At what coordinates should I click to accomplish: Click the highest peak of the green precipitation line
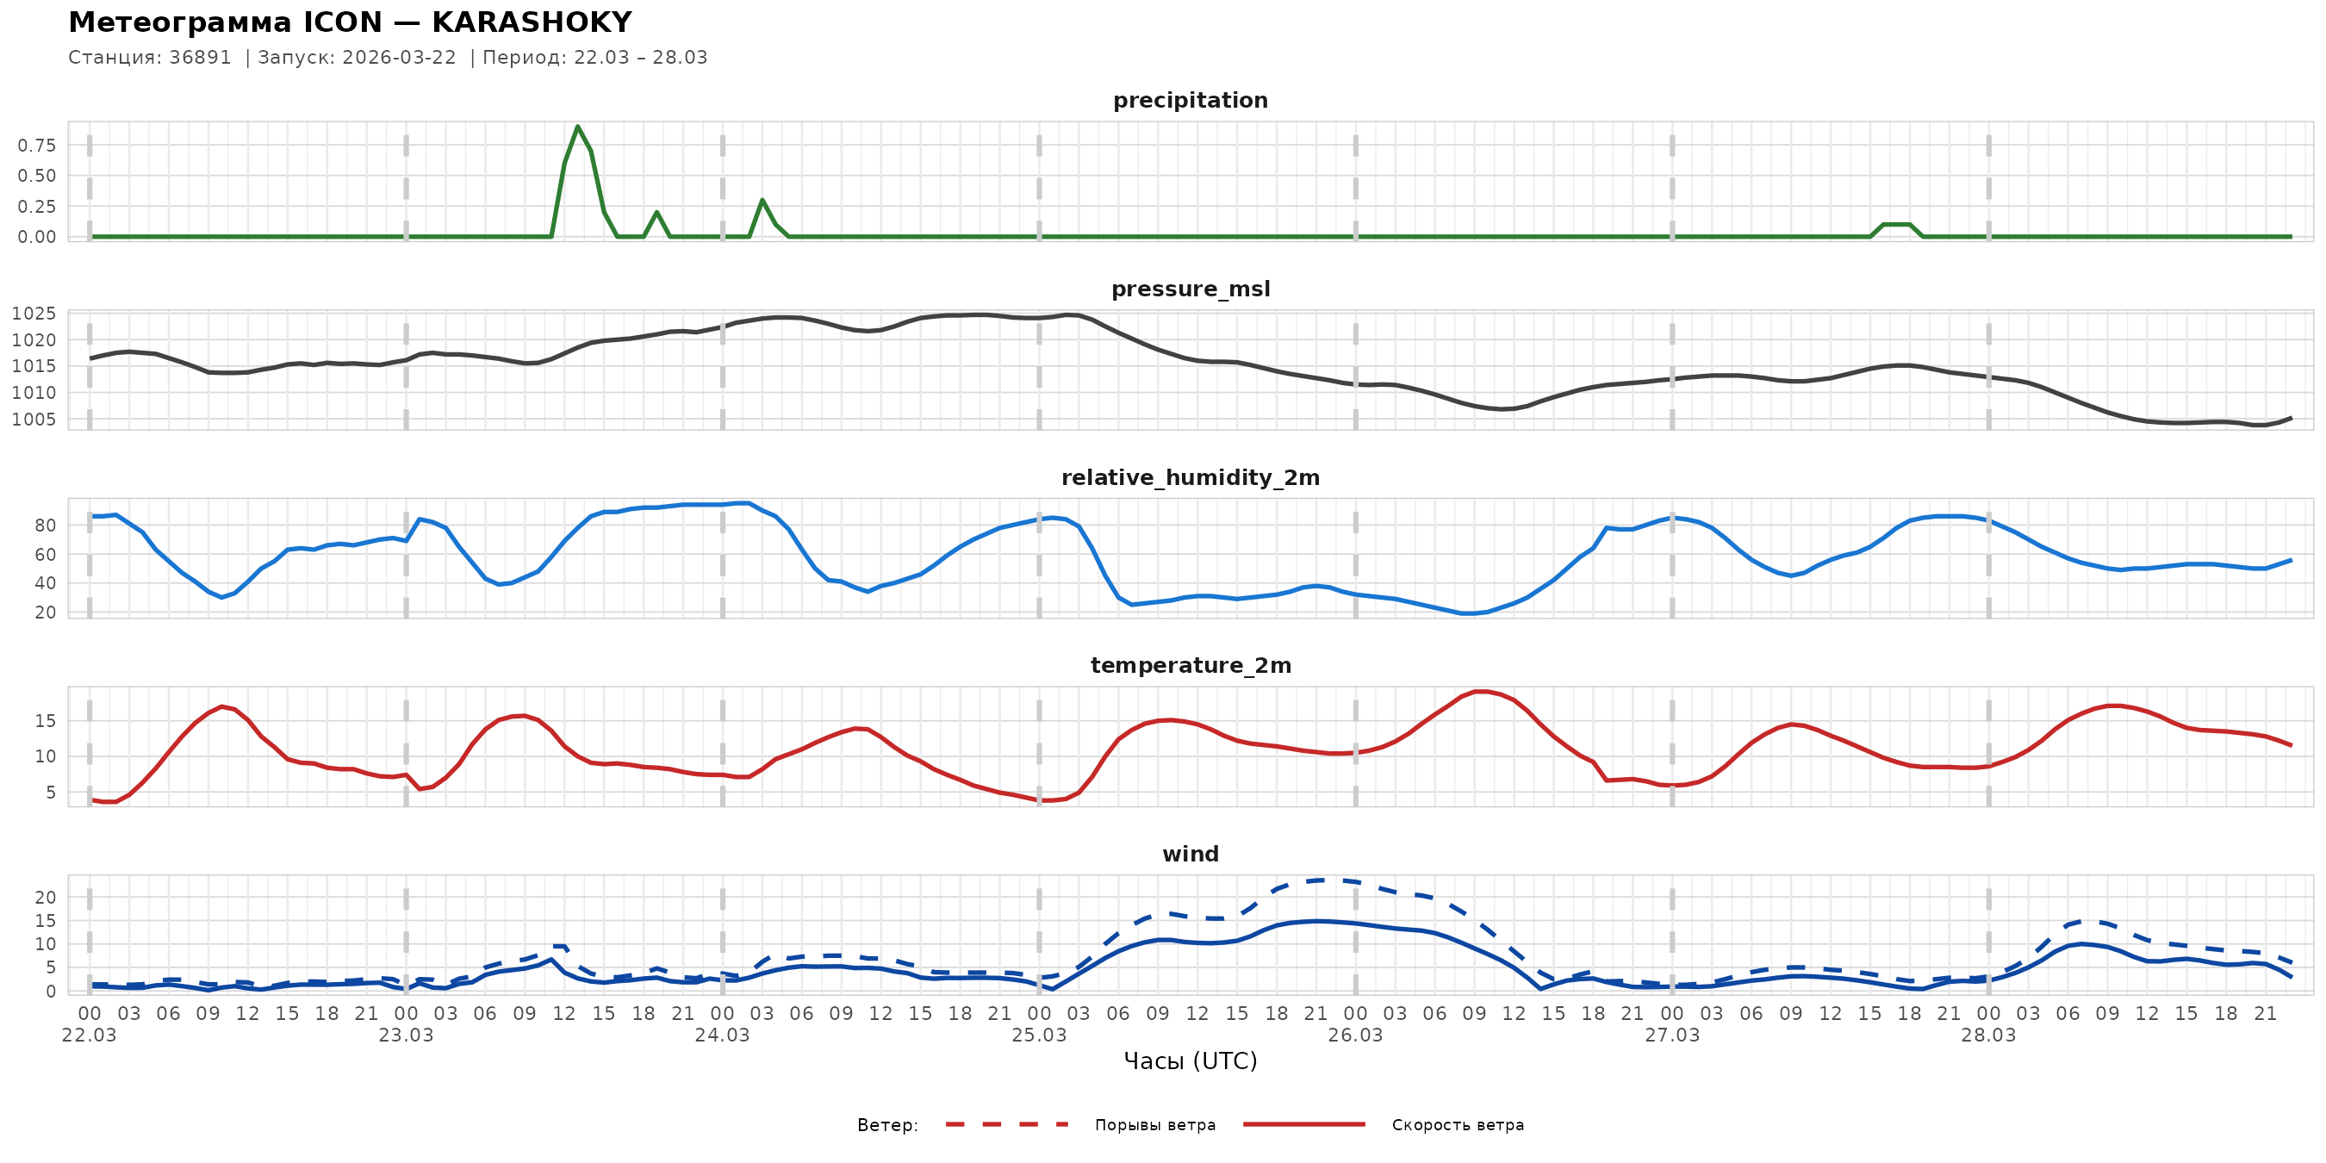click(x=578, y=127)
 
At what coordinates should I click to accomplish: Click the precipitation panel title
click(x=1190, y=100)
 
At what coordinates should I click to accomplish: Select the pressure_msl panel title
click(x=1190, y=289)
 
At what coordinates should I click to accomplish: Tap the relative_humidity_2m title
click(x=1190, y=477)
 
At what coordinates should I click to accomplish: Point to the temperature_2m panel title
click(x=1190, y=665)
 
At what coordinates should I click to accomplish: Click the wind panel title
click(x=1190, y=855)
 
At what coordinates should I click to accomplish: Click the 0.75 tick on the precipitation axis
click(x=37, y=146)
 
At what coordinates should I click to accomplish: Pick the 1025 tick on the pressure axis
click(x=34, y=314)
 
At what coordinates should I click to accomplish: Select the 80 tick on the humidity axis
click(x=45, y=526)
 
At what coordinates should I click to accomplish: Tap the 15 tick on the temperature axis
click(x=45, y=721)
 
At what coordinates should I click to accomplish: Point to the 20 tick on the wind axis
click(x=45, y=898)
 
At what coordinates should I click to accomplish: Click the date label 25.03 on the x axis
click(x=1038, y=1036)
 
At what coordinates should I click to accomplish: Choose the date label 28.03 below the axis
click(x=1988, y=1036)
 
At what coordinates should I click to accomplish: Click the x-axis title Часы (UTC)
click(x=1190, y=1061)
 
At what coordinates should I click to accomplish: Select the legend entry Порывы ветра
click(x=1155, y=1125)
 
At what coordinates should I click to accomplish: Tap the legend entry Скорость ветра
click(x=1458, y=1125)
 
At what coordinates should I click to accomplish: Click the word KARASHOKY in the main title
click(x=532, y=22)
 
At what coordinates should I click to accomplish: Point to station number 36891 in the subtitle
click(x=201, y=58)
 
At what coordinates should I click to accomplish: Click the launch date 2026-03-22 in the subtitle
click(x=399, y=58)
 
